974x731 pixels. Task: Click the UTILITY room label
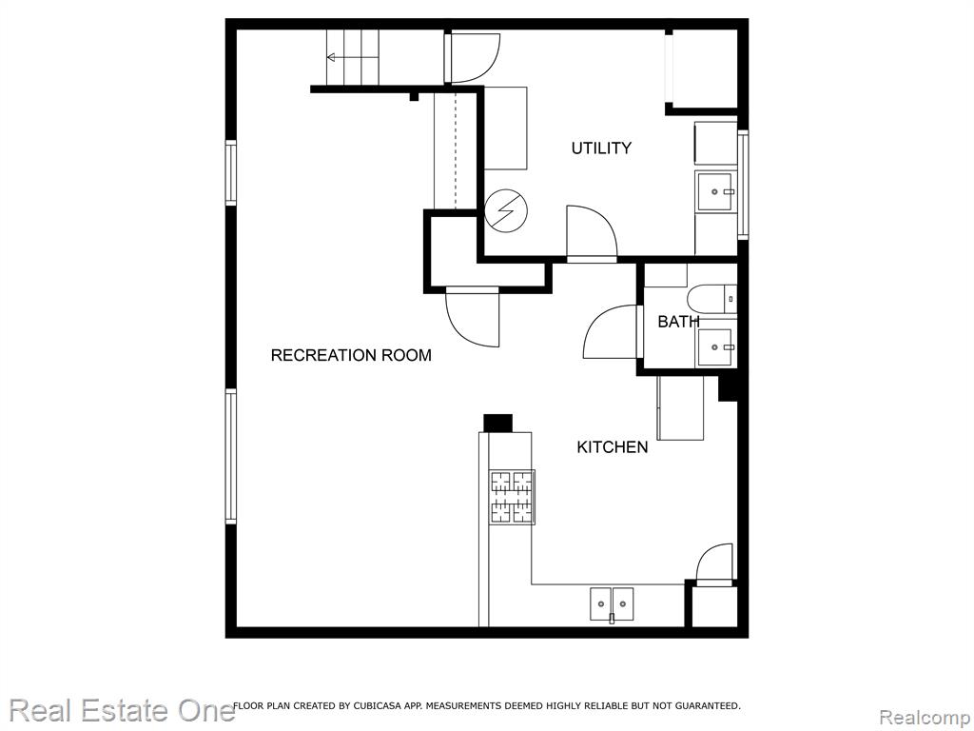point(601,148)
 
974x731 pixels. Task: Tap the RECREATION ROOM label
point(351,355)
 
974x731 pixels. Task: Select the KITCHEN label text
point(612,447)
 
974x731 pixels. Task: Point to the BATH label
point(678,322)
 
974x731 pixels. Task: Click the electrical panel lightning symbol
point(506,210)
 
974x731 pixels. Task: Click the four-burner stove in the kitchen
point(513,497)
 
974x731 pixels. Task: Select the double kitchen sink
point(612,605)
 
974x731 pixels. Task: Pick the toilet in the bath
point(711,299)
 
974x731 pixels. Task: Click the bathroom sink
point(716,347)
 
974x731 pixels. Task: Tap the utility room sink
point(715,192)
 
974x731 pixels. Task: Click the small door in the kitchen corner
point(714,565)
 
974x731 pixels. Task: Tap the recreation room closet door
point(473,317)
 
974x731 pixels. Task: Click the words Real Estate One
point(123,710)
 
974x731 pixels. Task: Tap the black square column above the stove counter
point(498,423)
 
